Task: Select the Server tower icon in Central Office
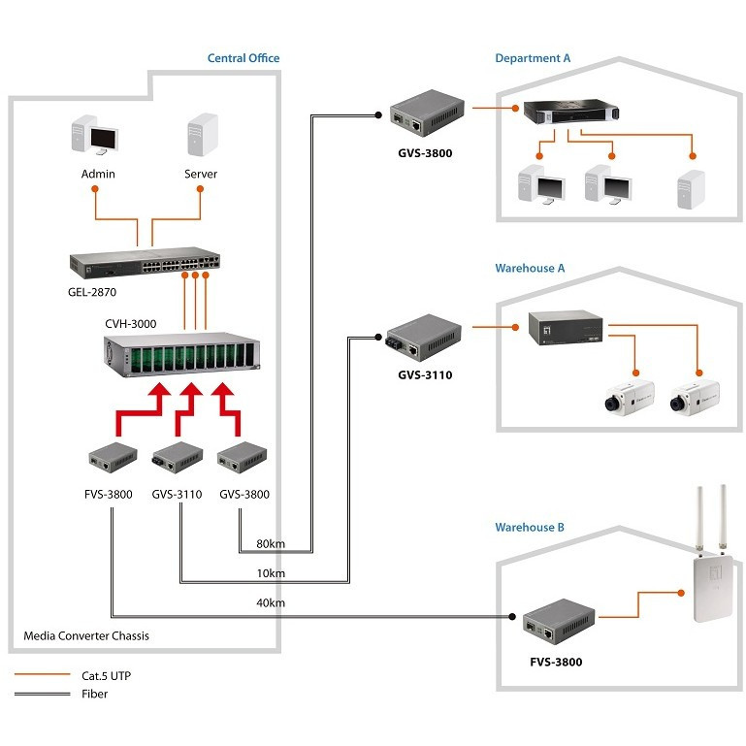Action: coord(202,136)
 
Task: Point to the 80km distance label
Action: coord(271,543)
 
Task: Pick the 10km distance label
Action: coord(271,573)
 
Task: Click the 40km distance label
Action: coord(271,603)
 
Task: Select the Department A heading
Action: coord(533,58)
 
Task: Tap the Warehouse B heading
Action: coord(530,528)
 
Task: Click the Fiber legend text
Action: coord(95,694)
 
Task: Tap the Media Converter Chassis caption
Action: coord(85,636)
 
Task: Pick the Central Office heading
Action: coord(243,58)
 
